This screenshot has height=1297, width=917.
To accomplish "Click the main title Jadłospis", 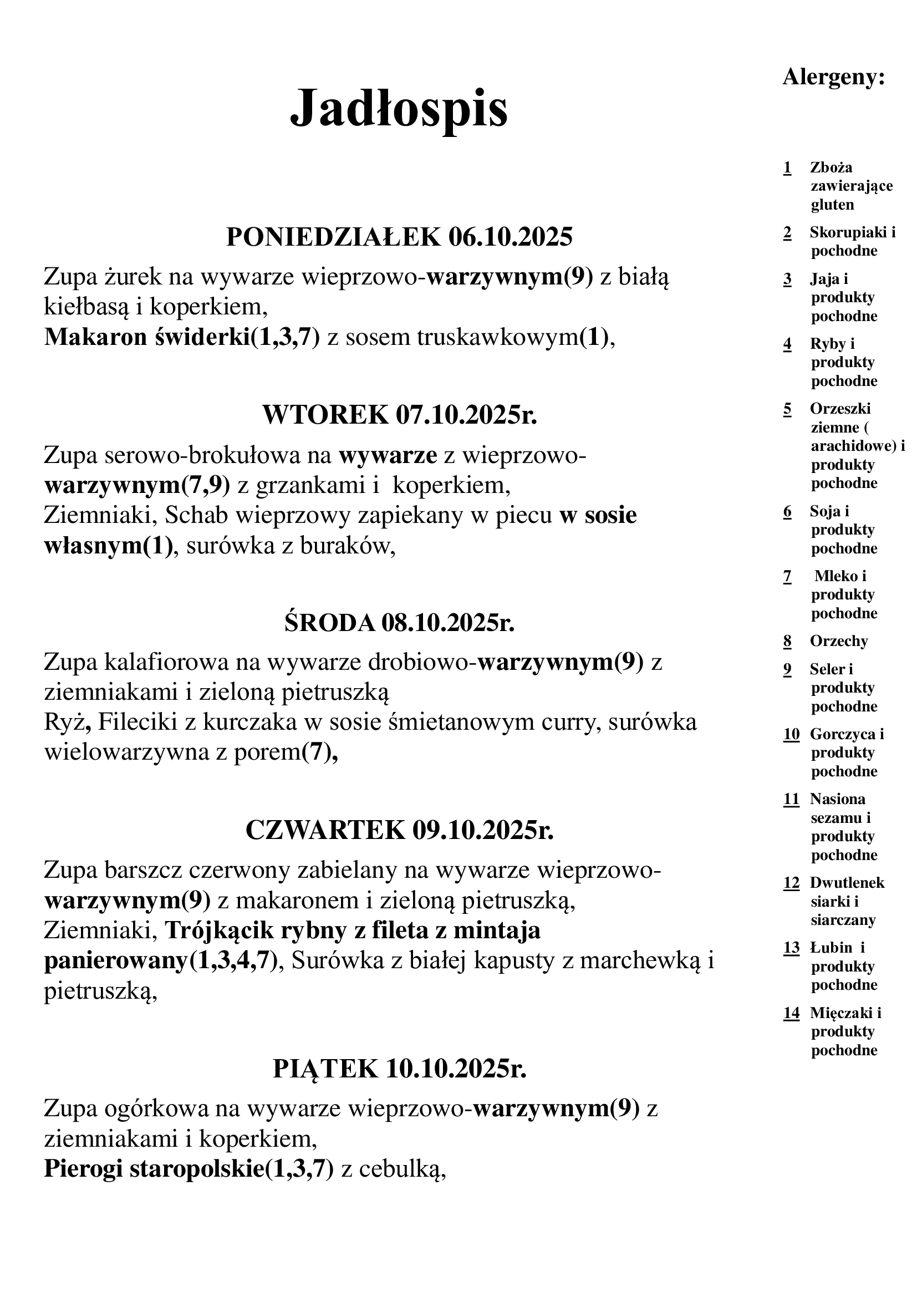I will (x=399, y=109).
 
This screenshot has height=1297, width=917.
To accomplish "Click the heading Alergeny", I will (x=833, y=77).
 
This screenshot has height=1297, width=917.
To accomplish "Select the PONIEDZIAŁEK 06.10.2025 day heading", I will (x=399, y=237).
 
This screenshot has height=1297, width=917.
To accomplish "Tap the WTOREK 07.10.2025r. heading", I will (x=399, y=415).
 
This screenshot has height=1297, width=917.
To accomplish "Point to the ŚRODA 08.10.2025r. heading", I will (x=399, y=623).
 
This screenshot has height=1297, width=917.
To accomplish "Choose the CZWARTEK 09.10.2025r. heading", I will (x=399, y=830).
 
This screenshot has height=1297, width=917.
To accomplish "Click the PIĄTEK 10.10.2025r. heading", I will (x=399, y=1069).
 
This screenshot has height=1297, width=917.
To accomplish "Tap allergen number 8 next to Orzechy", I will (x=787, y=641).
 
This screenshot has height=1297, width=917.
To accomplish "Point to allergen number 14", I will (x=791, y=1013).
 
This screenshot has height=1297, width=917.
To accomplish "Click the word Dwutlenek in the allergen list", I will (x=847, y=883).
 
